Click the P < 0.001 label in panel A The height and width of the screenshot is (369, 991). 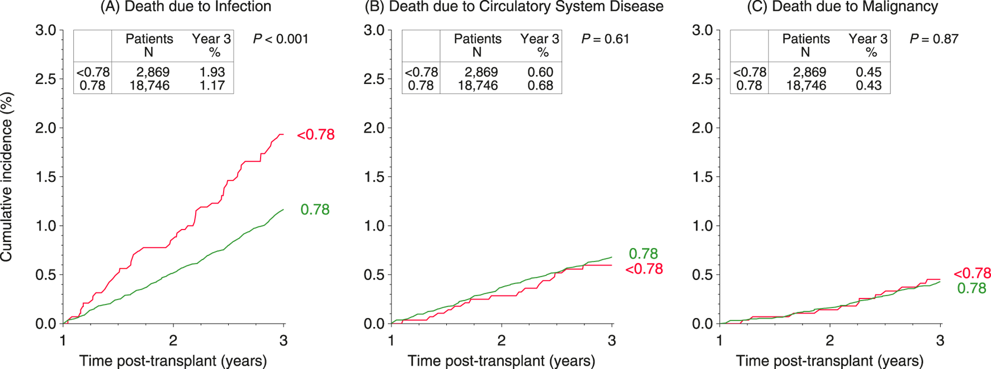(x=280, y=39)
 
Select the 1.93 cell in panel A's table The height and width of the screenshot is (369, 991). (x=212, y=72)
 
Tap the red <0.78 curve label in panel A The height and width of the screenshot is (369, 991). (x=315, y=135)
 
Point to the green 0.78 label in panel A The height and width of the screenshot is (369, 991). (x=315, y=210)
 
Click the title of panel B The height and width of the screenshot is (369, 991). (x=513, y=7)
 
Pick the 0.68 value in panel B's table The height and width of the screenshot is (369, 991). (x=540, y=86)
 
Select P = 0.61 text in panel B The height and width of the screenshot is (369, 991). (x=605, y=39)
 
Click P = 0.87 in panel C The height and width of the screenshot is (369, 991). (x=933, y=39)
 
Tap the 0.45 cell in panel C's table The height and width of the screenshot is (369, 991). (x=869, y=72)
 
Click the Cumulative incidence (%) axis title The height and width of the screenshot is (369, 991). (x=7, y=177)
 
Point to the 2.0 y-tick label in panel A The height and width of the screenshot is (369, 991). (x=46, y=128)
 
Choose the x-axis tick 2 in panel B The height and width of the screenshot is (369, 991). (x=501, y=340)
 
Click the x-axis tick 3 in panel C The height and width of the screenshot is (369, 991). (x=940, y=340)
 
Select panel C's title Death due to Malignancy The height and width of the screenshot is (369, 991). (x=842, y=7)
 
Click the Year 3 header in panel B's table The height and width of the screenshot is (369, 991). (x=539, y=39)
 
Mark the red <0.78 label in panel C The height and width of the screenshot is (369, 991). (x=972, y=274)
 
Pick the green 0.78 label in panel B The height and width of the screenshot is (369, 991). (x=643, y=254)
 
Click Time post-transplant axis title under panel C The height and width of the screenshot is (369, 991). (x=829, y=361)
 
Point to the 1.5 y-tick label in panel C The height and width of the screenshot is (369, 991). (x=702, y=178)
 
